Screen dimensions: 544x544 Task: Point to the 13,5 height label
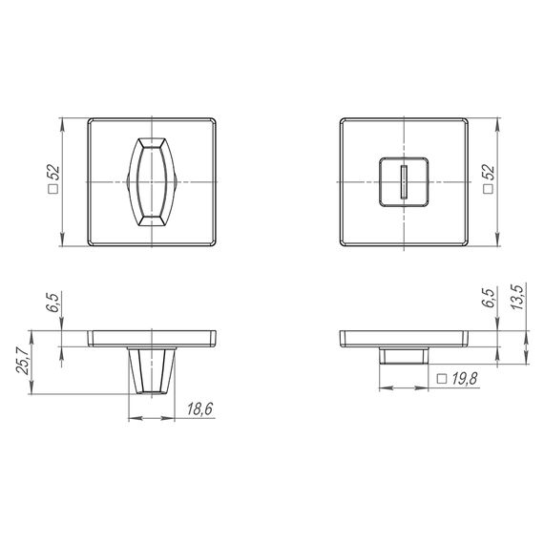pyautogui.click(x=517, y=298)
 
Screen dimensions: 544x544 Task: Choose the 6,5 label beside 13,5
pyautogui.click(x=489, y=298)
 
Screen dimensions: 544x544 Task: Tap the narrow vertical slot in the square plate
pyautogui.click(x=407, y=181)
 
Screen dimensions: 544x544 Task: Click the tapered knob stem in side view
pyautogui.click(x=152, y=371)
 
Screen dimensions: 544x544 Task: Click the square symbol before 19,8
pyautogui.click(x=442, y=380)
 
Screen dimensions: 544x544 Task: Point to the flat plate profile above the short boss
pyautogui.click(x=407, y=339)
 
